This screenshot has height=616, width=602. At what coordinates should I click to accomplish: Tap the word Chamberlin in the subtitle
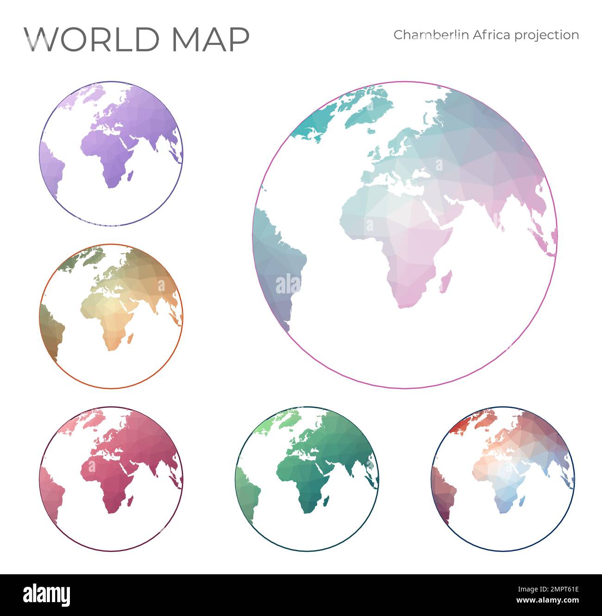click(x=431, y=35)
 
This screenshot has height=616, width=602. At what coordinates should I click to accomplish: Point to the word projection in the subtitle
click(x=548, y=36)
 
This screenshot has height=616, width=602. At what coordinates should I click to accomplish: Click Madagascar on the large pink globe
click(x=445, y=283)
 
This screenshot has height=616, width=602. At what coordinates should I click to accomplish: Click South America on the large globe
click(x=278, y=269)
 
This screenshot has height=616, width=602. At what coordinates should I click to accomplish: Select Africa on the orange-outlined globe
click(x=111, y=324)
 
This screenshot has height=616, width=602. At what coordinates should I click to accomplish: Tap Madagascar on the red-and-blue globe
click(x=522, y=500)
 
